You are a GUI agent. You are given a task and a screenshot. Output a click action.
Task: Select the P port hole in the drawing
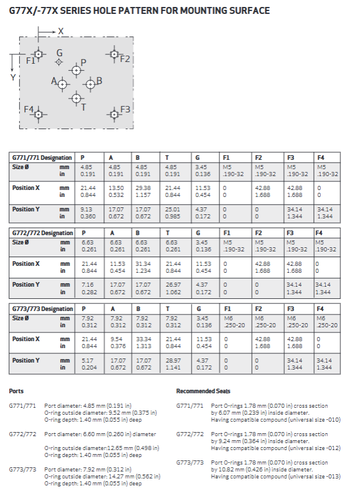coord(76,70)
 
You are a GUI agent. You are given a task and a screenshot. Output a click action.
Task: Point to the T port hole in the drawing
coord(76,98)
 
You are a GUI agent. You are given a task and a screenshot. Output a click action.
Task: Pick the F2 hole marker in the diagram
coord(113,54)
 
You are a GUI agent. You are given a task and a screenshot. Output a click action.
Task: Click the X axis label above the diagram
coord(61,31)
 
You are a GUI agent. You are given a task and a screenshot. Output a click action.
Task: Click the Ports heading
coord(17,390)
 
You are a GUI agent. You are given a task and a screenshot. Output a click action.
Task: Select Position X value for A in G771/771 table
coord(115,191)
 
